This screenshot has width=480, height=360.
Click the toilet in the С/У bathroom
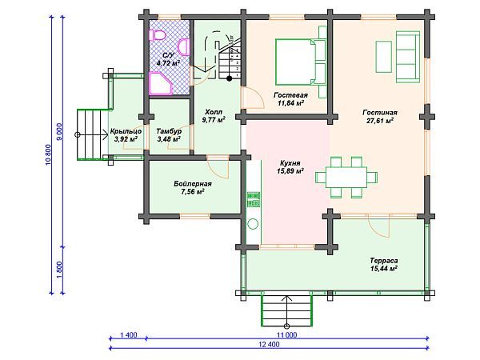tap(157, 35)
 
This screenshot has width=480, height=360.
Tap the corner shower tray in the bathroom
tap(161, 83)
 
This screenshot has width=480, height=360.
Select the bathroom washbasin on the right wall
tap(184, 47)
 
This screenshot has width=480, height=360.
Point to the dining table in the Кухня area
tap(346, 178)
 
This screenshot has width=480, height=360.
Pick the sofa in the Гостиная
tap(407, 57)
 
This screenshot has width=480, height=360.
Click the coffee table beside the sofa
tap(383, 57)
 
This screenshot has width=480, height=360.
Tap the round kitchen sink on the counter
tap(253, 224)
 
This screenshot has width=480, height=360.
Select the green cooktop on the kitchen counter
tap(254, 199)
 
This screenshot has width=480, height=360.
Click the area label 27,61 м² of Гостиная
tap(379, 121)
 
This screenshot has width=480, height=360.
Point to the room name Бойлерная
tap(193, 184)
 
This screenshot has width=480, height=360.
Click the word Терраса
tap(384, 261)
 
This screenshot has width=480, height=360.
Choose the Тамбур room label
tap(169, 131)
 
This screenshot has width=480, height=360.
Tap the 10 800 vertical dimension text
tap(48, 155)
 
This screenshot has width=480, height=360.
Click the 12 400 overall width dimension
tap(269, 344)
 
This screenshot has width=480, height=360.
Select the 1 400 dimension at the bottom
tap(129, 335)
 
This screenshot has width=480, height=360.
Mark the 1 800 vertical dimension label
tap(60, 270)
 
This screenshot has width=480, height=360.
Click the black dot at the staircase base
tap(229, 78)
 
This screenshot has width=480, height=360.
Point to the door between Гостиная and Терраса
tap(379, 226)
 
